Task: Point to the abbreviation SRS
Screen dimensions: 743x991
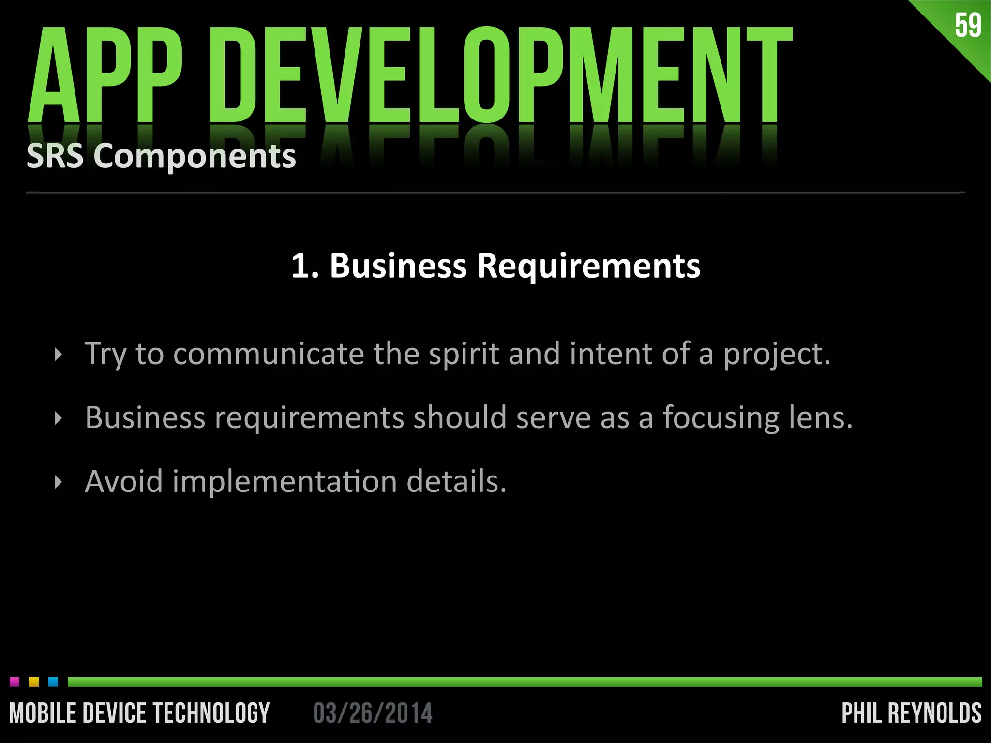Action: [x=55, y=156]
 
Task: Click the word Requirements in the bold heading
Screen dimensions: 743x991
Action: [x=588, y=266]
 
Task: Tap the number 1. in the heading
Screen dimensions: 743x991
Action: [x=305, y=266]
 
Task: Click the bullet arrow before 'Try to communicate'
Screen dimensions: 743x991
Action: [x=59, y=355]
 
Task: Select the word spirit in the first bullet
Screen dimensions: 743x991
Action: [x=463, y=354]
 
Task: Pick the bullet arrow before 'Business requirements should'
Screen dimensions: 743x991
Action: [x=59, y=418]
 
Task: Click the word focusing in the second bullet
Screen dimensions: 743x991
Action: [x=721, y=418]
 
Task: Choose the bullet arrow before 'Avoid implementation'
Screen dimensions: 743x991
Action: [x=59, y=482]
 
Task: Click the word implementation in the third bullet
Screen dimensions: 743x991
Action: [x=285, y=482]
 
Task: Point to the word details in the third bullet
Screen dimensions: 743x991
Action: [x=456, y=481]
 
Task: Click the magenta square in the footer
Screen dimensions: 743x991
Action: [x=15, y=682]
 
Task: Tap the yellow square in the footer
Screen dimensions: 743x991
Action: [x=34, y=682]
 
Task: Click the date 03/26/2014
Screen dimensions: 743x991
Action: [x=373, y=713]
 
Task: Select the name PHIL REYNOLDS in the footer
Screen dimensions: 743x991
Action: [x=912, y=713]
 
